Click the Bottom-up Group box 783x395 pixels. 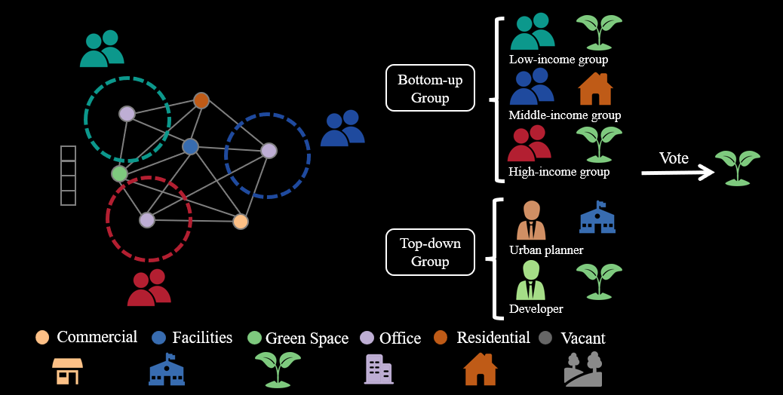(x=430, y=87)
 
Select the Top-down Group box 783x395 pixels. (x=430, y=252)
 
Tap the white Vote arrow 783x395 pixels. (x=677, y=173)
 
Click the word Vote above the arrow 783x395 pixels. (x=674, y=158)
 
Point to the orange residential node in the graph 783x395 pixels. (x=201, y=100)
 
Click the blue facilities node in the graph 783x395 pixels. (x=190, y=147)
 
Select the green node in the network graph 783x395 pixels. (x=119, y=173)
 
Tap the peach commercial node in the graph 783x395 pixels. (x=241, y=221)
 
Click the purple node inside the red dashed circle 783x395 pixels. (x=147, y=220)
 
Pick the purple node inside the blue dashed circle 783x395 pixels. (x=269, y=151)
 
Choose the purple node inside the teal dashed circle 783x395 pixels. (x=127, y=114)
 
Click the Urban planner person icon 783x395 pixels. (x=531, y=220)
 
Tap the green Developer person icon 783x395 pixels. (x=531, y=280)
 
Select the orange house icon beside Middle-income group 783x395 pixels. (x=595, y=89)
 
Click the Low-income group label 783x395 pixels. (x=558, y=60)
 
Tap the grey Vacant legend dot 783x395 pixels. (x=546, y=338)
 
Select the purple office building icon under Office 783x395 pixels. (x=379, y=369)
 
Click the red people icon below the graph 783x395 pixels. (x=149, y=288)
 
